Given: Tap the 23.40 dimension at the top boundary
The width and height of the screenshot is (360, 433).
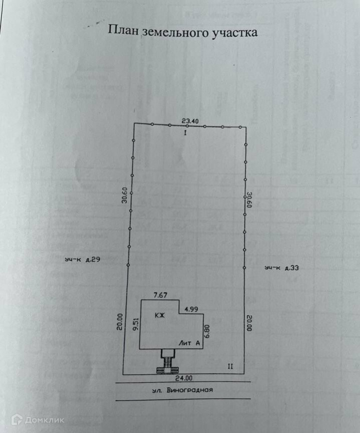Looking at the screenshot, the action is [x=190, y=120].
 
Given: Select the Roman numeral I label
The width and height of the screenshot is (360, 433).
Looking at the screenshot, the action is [x=185, y=134].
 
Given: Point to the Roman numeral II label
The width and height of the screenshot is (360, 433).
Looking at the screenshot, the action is [x=230, y=366].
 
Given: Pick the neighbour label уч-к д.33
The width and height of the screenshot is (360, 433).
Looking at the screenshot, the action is [x=282, y=269].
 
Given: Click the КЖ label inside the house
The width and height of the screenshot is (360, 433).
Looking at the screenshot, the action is [x=160, y=316].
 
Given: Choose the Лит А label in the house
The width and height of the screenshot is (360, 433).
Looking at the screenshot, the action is [x=190, y=343].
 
